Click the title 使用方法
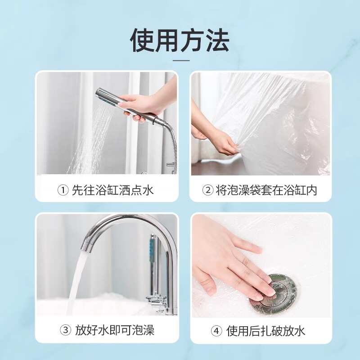(180, 40)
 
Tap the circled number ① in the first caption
(63, 190)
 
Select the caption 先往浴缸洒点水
(113, 190)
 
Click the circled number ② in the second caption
(207, 190)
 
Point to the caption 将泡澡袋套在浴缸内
(266, 190)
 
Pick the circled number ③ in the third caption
(66, 331)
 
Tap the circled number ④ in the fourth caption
(217, 331)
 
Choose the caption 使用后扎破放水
(266, 331)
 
